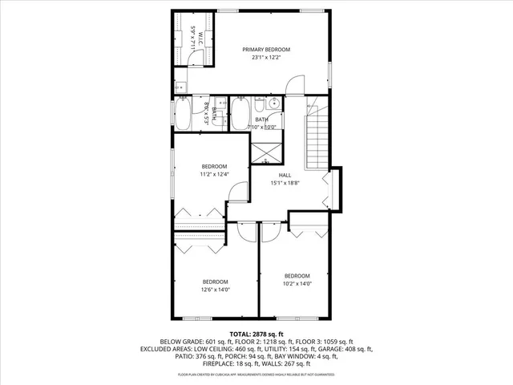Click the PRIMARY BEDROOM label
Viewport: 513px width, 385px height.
coord(266,50)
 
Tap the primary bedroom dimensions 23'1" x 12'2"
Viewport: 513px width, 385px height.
coord(266,58)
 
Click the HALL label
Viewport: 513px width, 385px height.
coord(285,175)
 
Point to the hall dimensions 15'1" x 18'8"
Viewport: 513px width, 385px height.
coord(285,183)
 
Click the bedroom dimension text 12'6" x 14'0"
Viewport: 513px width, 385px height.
coord(215,290)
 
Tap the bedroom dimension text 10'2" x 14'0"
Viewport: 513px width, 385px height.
coord(297,283)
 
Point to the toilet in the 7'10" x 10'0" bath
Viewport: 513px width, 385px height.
coord(261,105)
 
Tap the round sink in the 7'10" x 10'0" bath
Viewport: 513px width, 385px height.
coord(274,103)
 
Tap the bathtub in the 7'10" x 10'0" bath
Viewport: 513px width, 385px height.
coord(240,114)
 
